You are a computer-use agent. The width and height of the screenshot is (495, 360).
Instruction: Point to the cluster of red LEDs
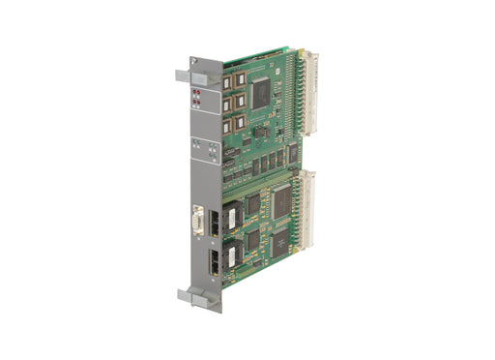[197, 96]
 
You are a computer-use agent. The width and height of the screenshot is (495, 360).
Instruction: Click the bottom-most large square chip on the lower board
[280, 243]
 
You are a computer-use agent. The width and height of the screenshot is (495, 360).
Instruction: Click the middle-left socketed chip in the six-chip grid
[226, 103]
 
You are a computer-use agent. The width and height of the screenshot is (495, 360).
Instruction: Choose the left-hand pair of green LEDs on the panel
[197, 145]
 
